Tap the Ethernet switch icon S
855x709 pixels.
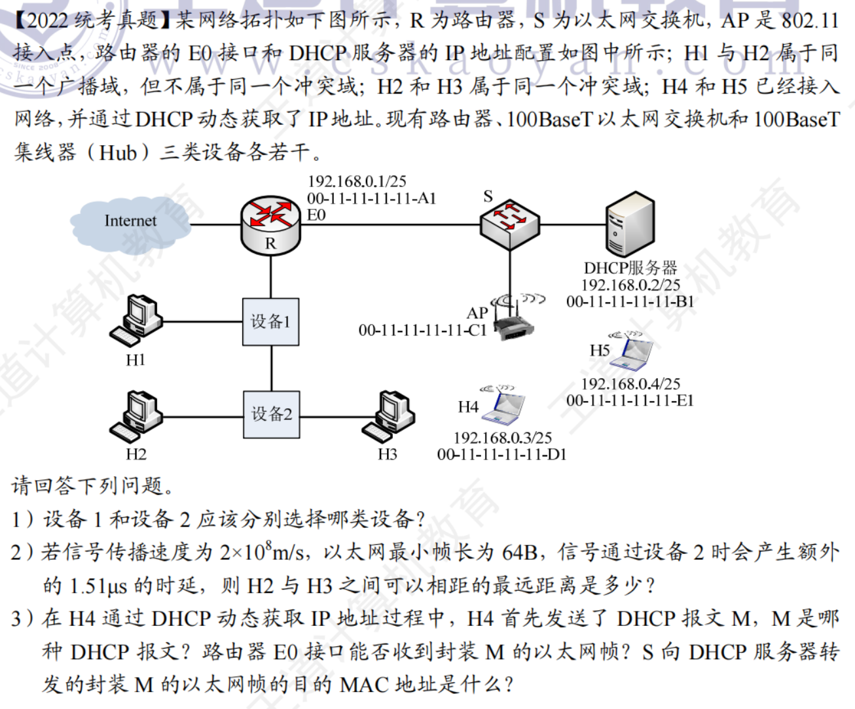pos(510,222)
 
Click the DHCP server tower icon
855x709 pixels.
pos(629,224)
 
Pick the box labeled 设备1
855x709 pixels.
pos(271,322)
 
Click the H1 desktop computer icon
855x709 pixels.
pos(136,320)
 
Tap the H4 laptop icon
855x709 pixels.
pos(503,404)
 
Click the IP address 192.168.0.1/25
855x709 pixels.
pos(357,181)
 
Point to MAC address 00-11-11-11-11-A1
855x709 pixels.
pos(371,198)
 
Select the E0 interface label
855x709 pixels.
pos(316,215)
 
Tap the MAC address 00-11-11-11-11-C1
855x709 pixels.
pos(422,330)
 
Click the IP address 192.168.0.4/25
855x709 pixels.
pos(630,384)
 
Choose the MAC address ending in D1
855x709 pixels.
pos(501,455)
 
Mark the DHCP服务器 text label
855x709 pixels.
pos(630,268)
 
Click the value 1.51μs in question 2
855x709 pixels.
pos(98,585)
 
